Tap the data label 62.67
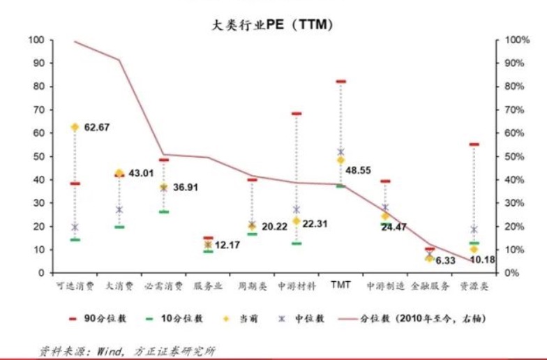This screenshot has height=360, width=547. click(x=98, y=128)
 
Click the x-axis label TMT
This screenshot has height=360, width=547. click(x=340, y=285)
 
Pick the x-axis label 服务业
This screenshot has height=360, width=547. click(x=208, y=286)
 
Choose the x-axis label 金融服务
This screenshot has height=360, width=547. click(x=429, y=286)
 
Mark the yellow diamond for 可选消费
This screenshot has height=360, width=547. click(x=75, y=127)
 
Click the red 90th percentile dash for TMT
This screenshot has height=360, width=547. click(x=340, y=82)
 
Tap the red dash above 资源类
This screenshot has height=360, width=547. click(x=474, y=144)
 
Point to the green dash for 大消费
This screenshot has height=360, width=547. click(x=119, y=227)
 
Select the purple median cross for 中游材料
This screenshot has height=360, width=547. click(x=297, y=209)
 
